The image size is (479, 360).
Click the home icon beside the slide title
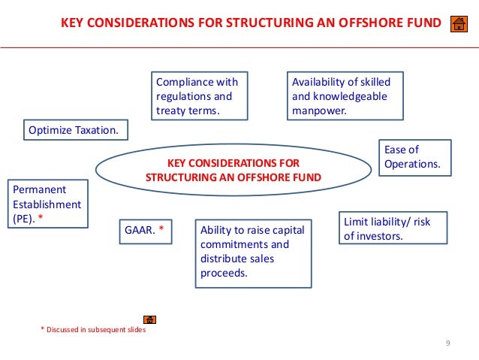(458, 24)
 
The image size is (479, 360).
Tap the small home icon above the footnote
(149, 319)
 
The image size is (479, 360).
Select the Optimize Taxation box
(74, 130)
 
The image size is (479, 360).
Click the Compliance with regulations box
(200, 96)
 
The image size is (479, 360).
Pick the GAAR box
(146, 231)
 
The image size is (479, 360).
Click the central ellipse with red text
(233, 170)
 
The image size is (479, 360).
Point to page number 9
(447, 343)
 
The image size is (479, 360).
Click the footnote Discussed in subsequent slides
(93, 330)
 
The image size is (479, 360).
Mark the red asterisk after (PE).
(40, 218)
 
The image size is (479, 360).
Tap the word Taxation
(95, 130)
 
